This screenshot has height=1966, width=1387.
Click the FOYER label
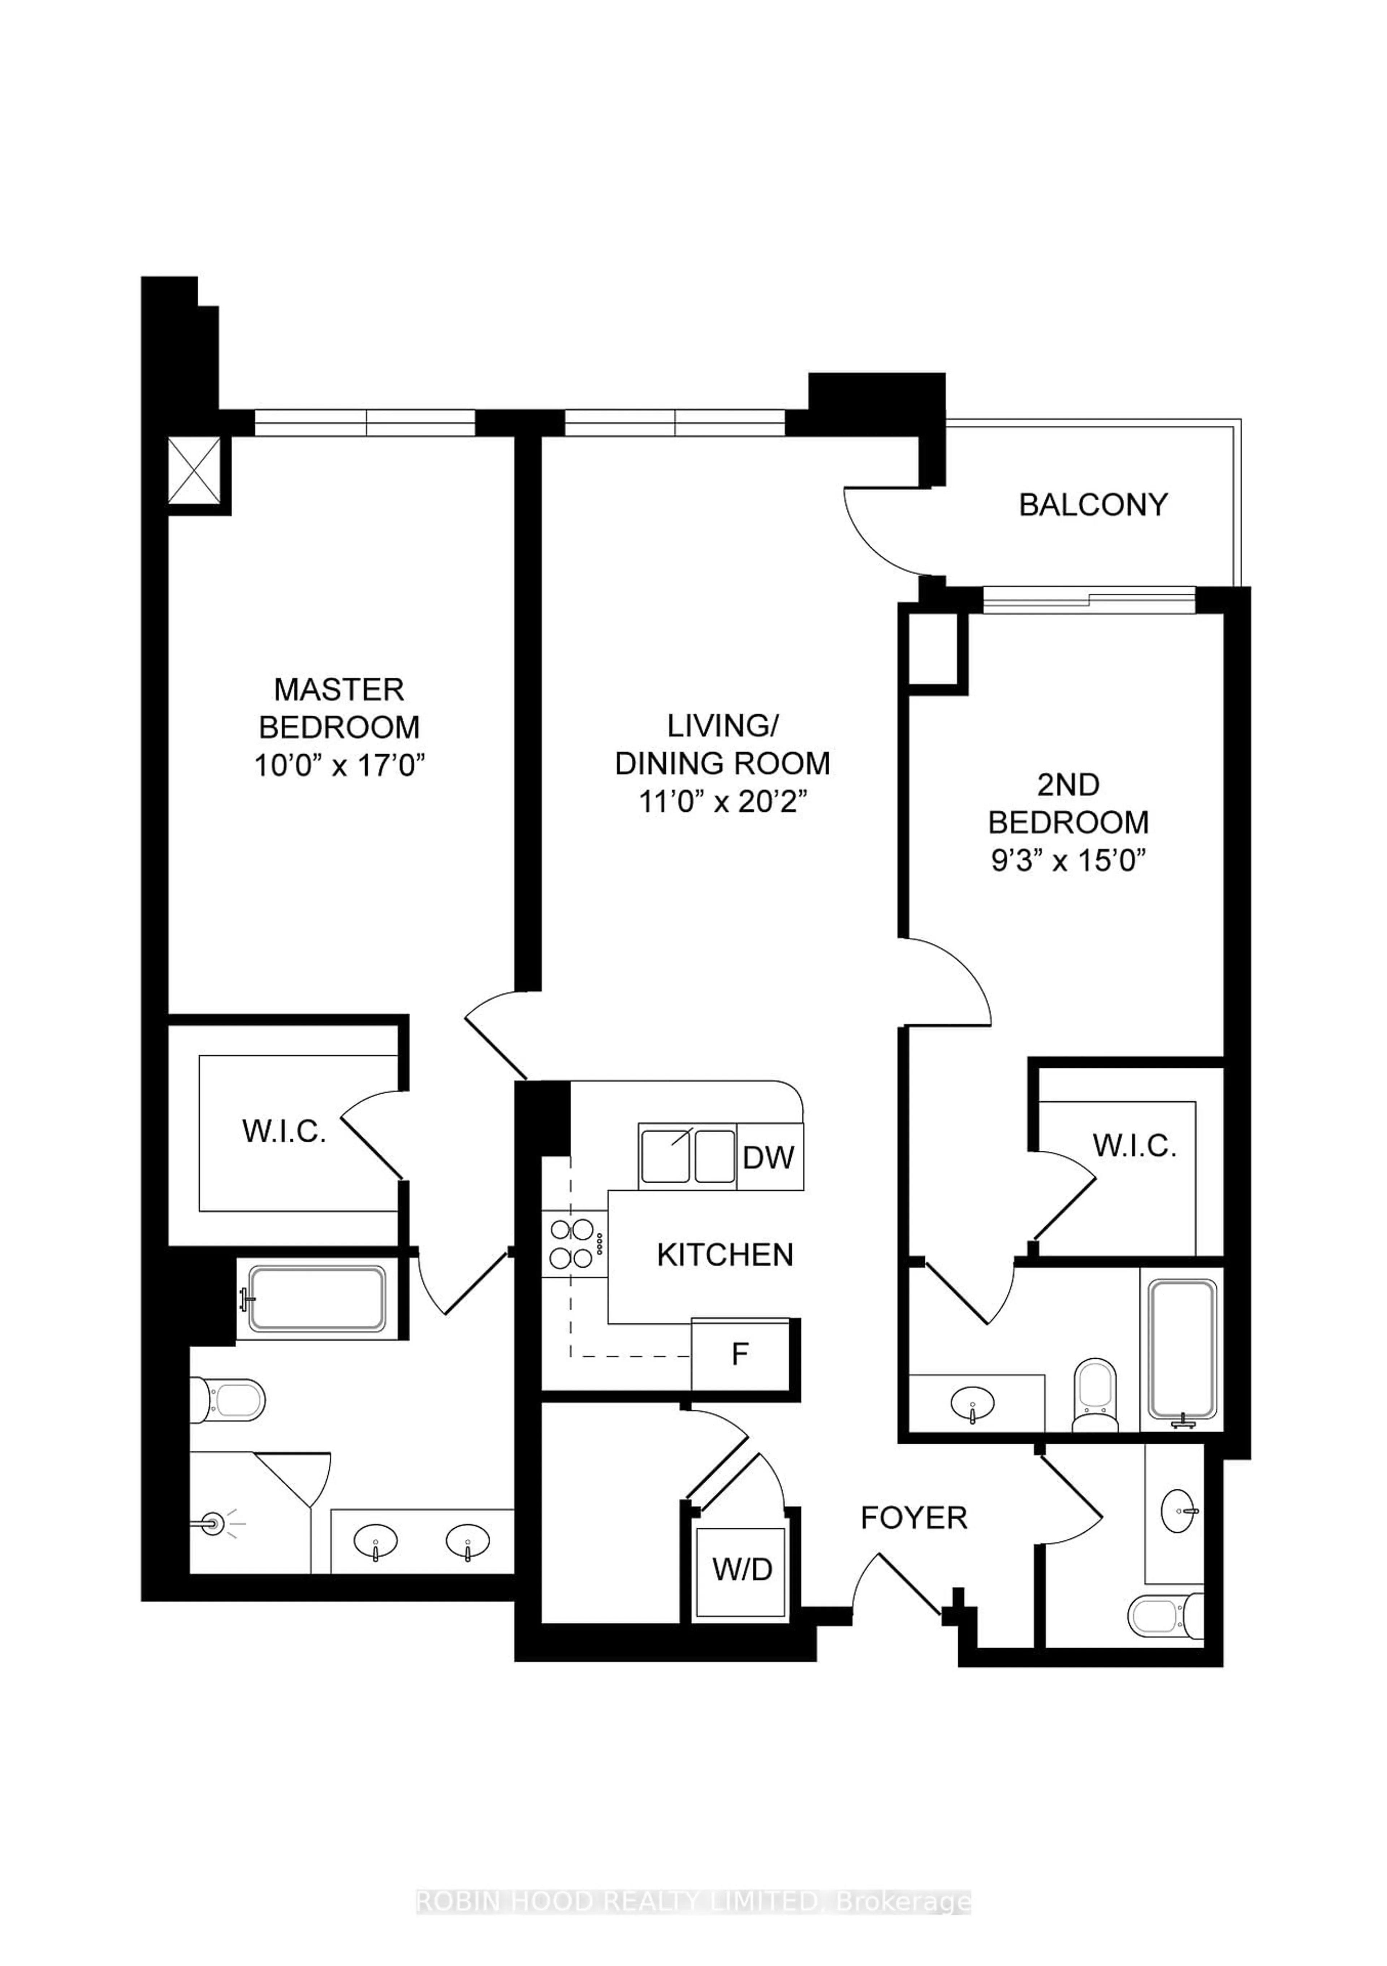coord(913,1518)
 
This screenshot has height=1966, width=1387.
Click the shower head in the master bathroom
coord(212,1524)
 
